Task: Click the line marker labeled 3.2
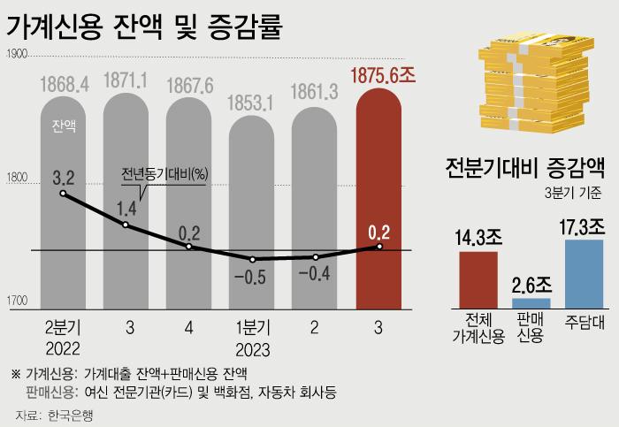(63, 193)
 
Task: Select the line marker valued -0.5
(254, 260)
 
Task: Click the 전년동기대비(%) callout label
(164, 173)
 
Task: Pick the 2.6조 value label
(531, 285)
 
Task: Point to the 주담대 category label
(584, 320)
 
